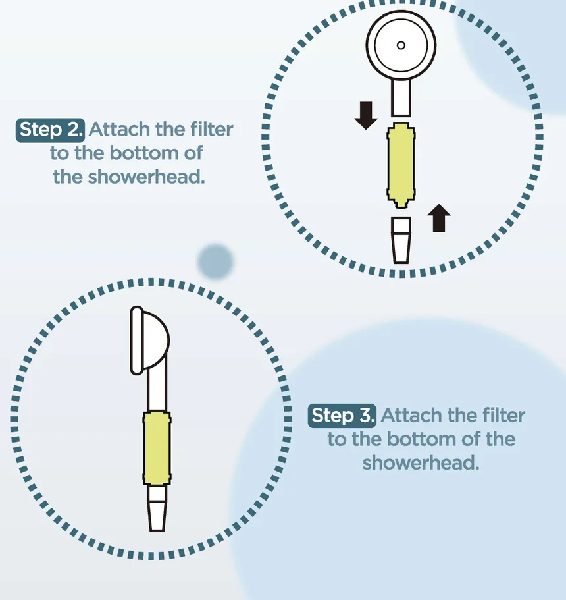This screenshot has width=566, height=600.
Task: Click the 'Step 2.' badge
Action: point(50,130)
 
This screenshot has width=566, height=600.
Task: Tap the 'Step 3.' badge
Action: point(342,416)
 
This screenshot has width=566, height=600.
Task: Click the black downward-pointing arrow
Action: point(366,115)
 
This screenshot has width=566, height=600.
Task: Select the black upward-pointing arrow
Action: point(438,218)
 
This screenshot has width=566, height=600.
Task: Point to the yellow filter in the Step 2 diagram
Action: point(401,165)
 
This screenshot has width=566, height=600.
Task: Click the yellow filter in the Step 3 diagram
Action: point(157,449)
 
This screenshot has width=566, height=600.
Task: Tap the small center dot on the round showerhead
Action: point(401,45)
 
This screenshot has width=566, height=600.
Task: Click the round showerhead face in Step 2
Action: point(401,45)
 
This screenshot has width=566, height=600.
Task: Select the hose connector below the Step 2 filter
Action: point(401,240)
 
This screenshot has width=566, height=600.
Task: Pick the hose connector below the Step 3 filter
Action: point(157,508)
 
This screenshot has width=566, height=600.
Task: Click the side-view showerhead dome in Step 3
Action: point(150,340)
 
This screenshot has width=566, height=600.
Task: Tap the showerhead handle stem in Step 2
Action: point(401,97)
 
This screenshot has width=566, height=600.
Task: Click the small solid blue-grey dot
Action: point(215,261)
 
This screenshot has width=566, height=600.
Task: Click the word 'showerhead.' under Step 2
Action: point(129,177)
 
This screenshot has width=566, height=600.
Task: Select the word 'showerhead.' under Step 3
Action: point(421,462)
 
